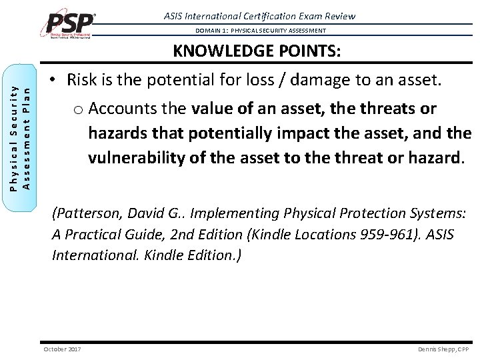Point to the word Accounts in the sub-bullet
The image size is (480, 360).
click(x=120, y=108)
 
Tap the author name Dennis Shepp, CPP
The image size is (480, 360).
click(x=443, y=349)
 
